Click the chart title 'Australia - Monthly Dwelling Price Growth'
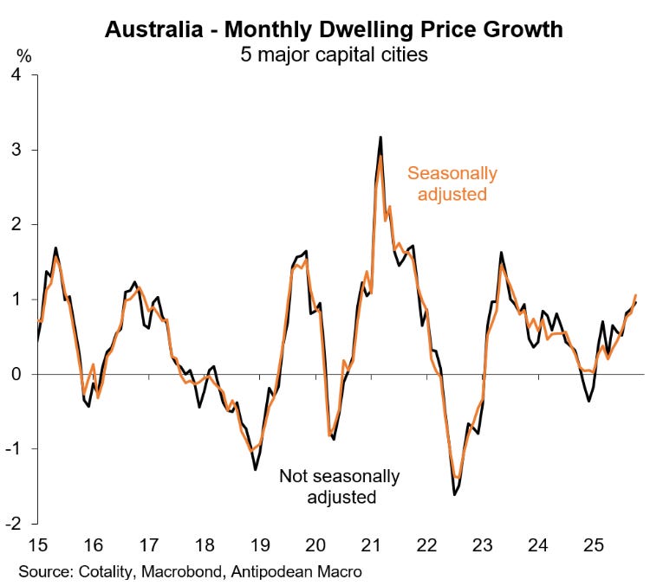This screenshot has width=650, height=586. pos(334,29)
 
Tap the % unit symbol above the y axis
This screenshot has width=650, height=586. pos(24,57)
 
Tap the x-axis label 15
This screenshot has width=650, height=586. pos(38,545)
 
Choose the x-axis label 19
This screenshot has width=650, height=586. pos(260,545)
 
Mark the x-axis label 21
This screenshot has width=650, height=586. pos(371,545)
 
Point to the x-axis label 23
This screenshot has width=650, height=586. pos(482,545)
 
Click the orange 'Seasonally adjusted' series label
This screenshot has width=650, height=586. pos(452,184)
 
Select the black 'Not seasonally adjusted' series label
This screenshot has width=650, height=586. pos(339,486)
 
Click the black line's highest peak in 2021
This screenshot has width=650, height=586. pos(380,138)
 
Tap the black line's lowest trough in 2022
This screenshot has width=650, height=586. pos(454,494)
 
